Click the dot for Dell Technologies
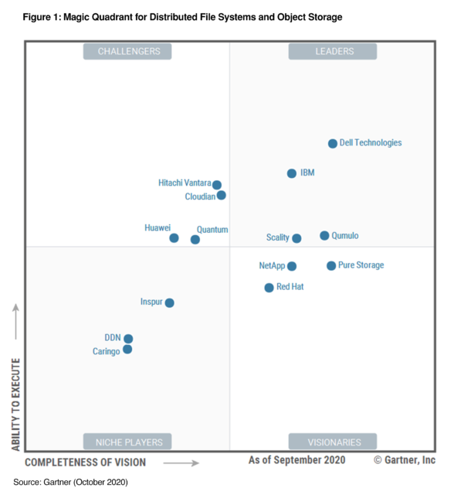point(333,143)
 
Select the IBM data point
point(292,173)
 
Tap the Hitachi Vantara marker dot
point(217,185)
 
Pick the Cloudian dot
point(222,195)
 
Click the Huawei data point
point(174,238)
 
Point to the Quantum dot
point(195,240)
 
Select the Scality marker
point(296,238)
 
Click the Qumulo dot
point(324,235)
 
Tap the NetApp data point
point(292,266)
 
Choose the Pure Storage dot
point(331,265)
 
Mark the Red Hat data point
point(269,288)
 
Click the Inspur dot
point(170,302)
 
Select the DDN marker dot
point(128,339)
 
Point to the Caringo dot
point(127,350)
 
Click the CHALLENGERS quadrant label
point(127,52)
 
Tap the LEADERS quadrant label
point(333,52)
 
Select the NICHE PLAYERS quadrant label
point(127,442)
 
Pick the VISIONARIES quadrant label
point(333,442)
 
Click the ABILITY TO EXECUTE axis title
point(15,405)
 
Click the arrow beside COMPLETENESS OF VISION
point(181,463)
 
